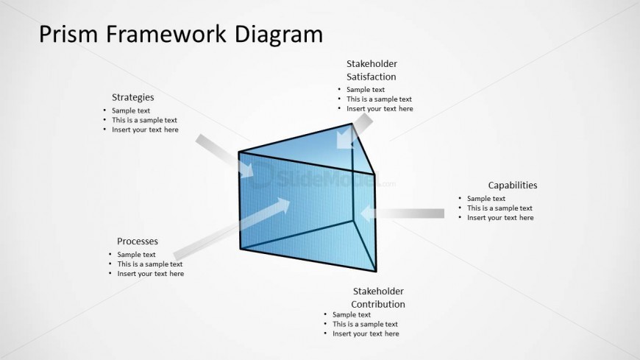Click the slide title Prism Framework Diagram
click(x=179, y=34)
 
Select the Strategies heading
click(x=132, y=97)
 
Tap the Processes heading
click(x=138, y=241)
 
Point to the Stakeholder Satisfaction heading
click(x=371, y=70)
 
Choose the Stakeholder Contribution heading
click(x=378, y=297)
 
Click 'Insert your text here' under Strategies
click(x=145, y=130)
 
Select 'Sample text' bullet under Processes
click(x=136, y=255)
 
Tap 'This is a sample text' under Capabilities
click(x=499, y=208)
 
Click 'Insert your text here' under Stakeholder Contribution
click(x=366, y=333)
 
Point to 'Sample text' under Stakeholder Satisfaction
click(x=366, y=90)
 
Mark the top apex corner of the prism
click(x=352, y=124)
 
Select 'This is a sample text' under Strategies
click(x=144, y=120)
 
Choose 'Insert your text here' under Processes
click(x=151, y=274)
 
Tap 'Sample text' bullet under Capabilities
click(x=486, y=198)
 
